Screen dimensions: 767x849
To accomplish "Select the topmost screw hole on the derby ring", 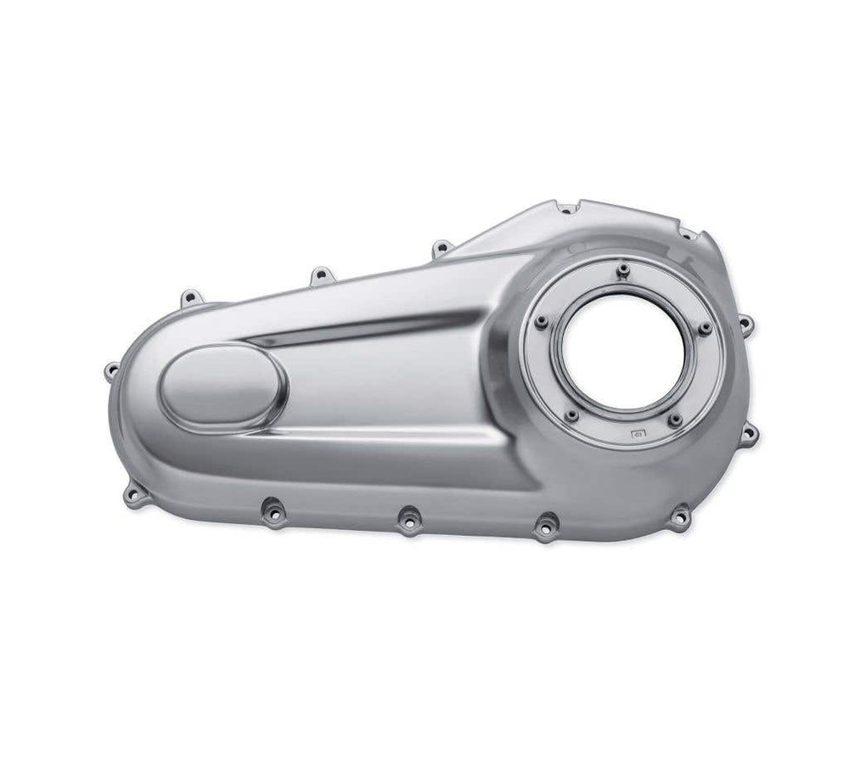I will tap(623, 270).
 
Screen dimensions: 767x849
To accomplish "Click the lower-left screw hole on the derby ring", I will tap(572, 415).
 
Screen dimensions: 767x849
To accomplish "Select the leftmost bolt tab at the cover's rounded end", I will tap(111, 369).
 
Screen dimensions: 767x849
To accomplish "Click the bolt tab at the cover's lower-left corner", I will tap(133, 493).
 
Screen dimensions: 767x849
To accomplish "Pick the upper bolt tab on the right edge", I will tap(745, 324).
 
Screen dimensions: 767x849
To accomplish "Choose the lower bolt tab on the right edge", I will tap(749, 434).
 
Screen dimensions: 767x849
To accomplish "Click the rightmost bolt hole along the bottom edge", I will tap(680, 515).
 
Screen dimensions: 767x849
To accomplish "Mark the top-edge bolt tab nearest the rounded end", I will tap(188, 297).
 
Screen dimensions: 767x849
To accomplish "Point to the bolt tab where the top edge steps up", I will tap(439, 249).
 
